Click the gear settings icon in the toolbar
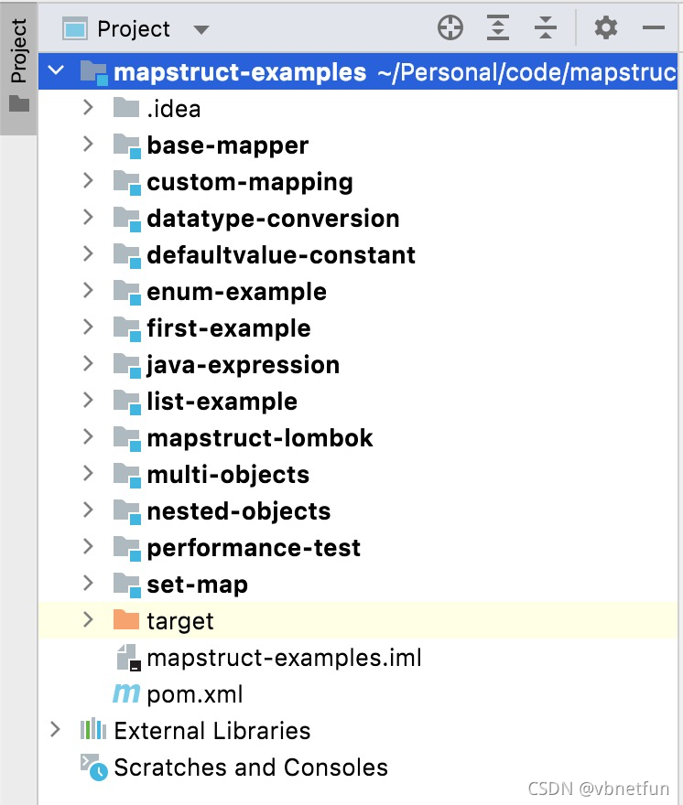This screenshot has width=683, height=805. coord(605,28)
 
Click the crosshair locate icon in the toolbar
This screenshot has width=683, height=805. coord(450,28)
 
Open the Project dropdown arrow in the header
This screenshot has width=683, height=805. coord(201,30)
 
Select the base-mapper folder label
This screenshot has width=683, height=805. coord(227,145)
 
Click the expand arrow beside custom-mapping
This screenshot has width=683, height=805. coord(88,181)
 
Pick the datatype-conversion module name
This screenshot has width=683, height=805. coord(273,219)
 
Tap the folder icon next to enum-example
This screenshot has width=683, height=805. coord(126,292)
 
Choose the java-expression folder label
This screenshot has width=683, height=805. coord(243,365)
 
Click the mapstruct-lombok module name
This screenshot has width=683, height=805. coord(259,438)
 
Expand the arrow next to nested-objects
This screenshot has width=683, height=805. coord(88,510)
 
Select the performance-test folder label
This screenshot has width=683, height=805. coord(254,548)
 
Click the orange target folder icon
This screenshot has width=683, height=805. coord(126,620)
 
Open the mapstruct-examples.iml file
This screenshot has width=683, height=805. coord(284,658)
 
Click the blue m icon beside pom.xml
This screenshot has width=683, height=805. coord(125,693)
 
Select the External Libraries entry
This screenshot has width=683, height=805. coord(211,731)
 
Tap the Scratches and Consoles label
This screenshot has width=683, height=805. coord(250,767)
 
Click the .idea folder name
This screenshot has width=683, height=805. coord(173,109)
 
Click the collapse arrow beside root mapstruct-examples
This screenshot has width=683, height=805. coord(55,71)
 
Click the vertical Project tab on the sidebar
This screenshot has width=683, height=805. coord(18,53)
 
